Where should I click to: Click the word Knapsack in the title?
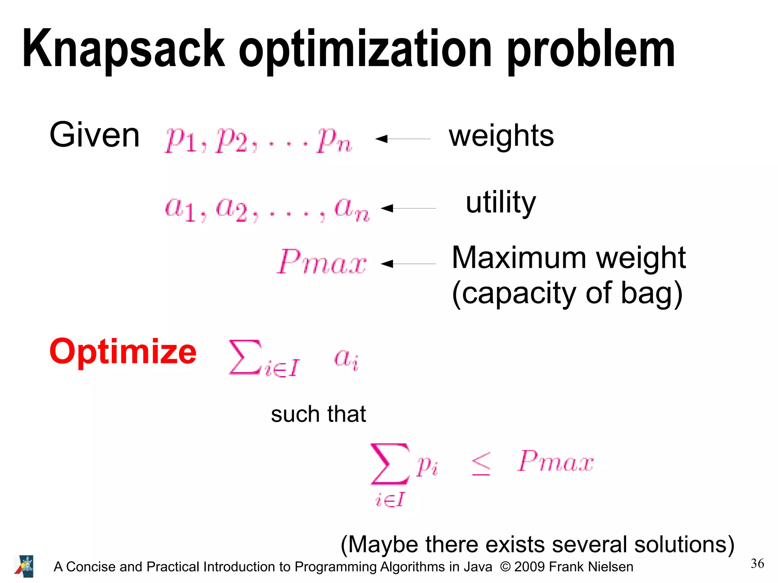click(123, 49)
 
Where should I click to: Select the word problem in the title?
click(591, 49)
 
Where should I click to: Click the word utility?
click(501, 203)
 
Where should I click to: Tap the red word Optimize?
click(123, 352)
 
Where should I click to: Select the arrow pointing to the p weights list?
click(402, 139)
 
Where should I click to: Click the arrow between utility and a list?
click(408, 208)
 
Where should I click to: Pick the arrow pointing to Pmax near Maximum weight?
click(408, 264)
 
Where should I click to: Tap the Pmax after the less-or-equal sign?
click(555, 462)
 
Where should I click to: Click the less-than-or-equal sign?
click(481, 464)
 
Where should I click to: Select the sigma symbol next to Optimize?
click(245, 357)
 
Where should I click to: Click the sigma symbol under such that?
click(390, 464)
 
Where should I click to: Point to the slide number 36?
click(757, 564)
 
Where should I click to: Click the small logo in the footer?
click(24, 566)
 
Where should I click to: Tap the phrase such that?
click(318, 414)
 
